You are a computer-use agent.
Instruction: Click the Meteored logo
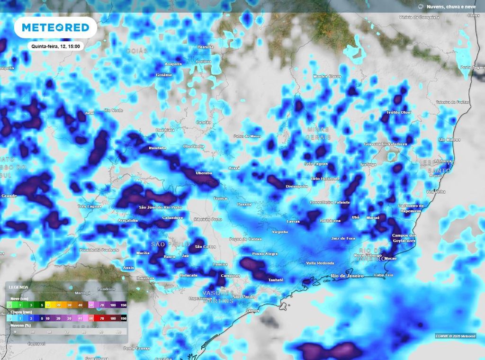coord(55,27)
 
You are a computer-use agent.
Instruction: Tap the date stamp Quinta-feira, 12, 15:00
coord(55,46)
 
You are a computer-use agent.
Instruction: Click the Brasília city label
coord(206,47)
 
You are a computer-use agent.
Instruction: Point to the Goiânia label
coord(164,75)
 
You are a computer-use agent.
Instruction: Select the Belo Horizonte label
coord(325,179)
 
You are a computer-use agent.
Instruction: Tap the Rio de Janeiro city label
coord(347,276)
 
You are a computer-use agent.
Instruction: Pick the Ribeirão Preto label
coord(208,219)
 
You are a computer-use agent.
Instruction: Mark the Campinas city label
coord(230,276)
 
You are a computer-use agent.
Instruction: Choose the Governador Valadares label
coord(386,144)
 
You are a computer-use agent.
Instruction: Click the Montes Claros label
coord(327,76)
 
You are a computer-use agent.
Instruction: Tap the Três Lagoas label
coord(90,207)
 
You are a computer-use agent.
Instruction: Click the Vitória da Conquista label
coord(420,18)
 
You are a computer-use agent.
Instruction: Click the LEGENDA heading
coord(18,287)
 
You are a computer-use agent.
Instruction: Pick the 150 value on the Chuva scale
coord(123,319)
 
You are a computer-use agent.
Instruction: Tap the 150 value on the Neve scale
coord(123,305)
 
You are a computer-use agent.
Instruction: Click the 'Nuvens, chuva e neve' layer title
coord(450,7)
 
